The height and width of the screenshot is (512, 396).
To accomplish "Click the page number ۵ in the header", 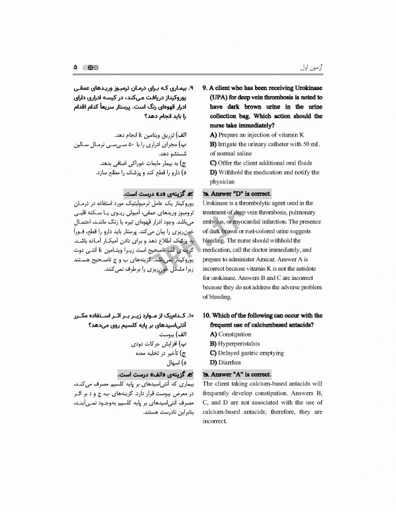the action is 75,68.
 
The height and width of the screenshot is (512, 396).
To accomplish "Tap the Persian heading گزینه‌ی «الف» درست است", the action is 151,374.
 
